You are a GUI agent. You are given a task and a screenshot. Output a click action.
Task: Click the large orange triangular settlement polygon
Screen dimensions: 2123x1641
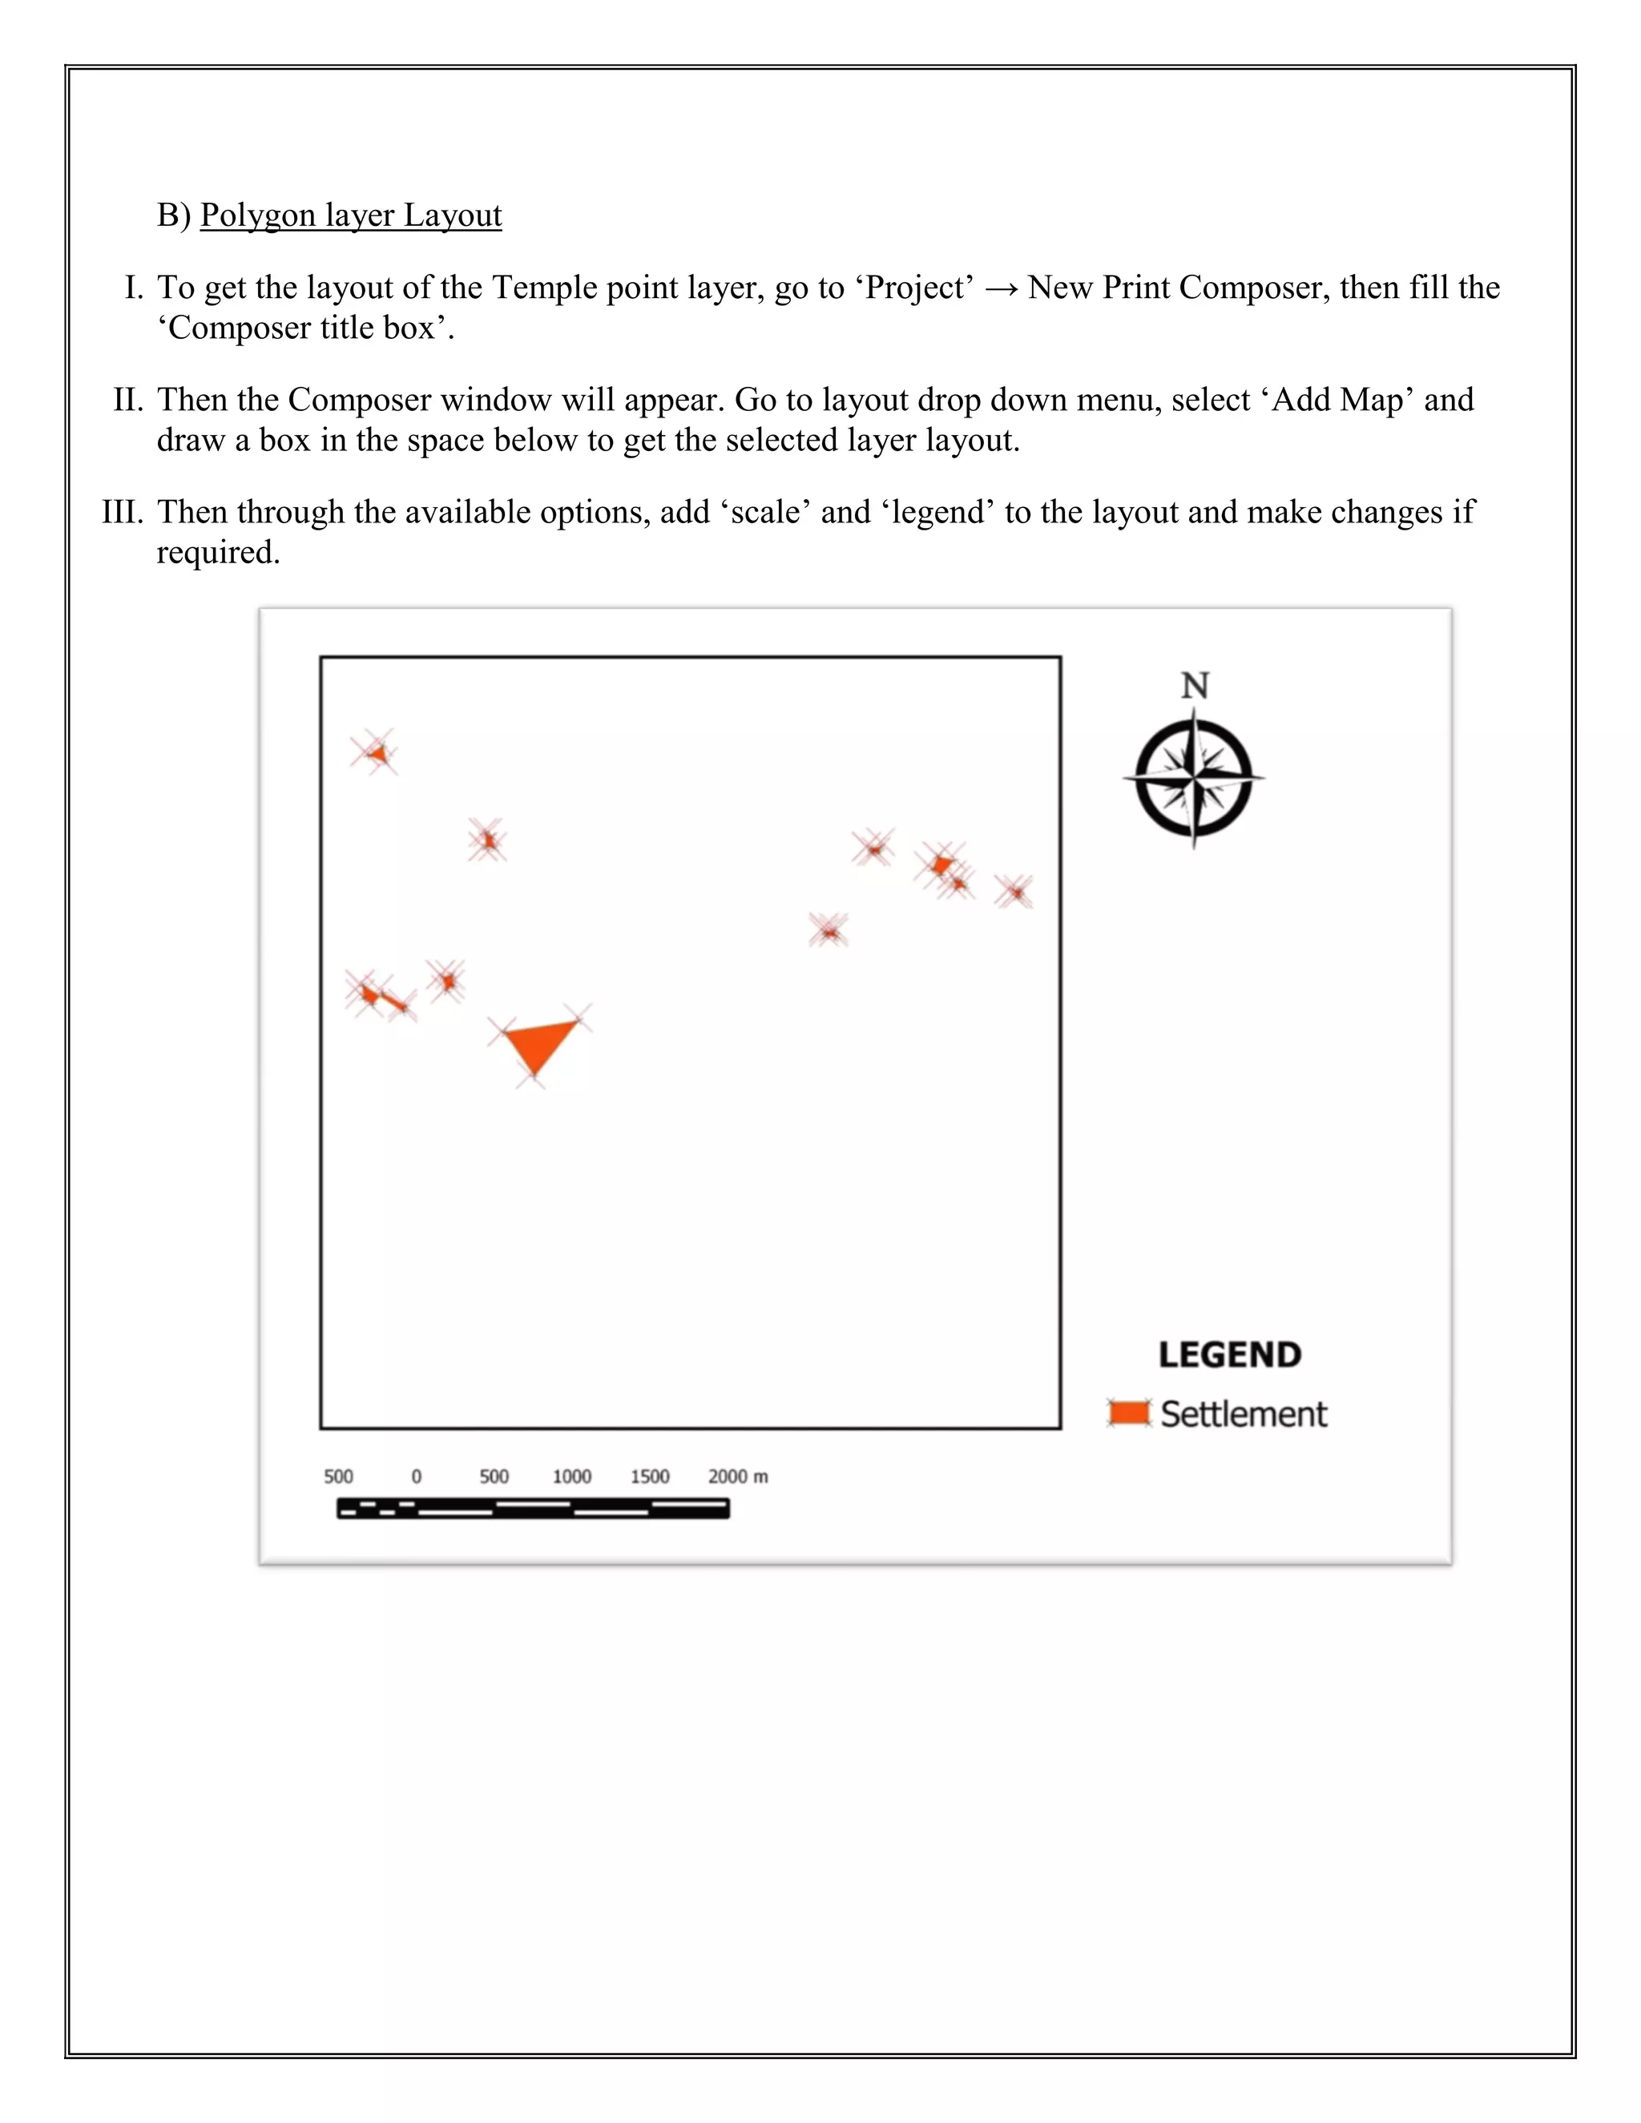[538, 1044]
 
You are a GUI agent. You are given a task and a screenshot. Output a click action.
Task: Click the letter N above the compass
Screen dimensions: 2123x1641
[1195, 687]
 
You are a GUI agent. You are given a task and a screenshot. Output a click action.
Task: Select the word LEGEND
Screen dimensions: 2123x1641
[1229, 1355]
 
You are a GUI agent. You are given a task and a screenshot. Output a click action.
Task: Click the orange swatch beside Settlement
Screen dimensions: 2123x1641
[1129, 1413]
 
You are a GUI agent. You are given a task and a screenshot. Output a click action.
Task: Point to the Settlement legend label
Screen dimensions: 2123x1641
[1244, 1414]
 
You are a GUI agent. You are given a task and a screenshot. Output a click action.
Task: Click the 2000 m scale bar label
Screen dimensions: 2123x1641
[737, 1476]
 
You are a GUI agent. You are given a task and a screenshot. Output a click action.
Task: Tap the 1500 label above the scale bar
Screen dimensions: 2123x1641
[649, 1476]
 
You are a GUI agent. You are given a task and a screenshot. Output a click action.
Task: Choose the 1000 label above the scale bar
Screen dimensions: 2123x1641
[571, 1476]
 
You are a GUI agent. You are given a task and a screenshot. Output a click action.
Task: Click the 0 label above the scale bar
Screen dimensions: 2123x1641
[416, 1476]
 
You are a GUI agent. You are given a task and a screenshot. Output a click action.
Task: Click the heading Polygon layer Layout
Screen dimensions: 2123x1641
[351, 215]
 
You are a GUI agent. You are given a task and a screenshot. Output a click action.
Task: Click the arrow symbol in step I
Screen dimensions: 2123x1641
[1000, 288]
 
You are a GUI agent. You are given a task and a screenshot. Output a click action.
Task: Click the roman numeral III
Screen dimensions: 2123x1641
[123, 512]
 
